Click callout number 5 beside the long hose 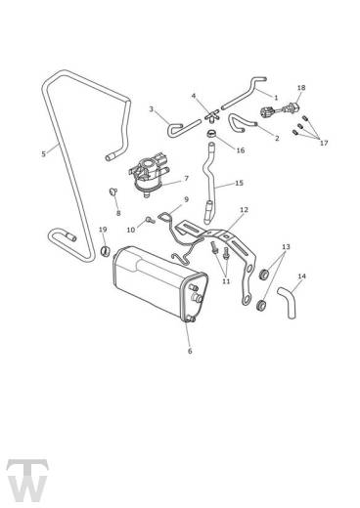click(x=43, y=153)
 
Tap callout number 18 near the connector click(x=301, y=88)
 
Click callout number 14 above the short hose click(x=302, y=276)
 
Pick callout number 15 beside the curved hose click(x=239, y=183)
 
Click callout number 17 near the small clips click(x=324, y=143)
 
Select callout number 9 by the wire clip click(x=185, y=199)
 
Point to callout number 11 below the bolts click(x=225, y=280)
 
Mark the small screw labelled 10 click(x=150, y=218)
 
